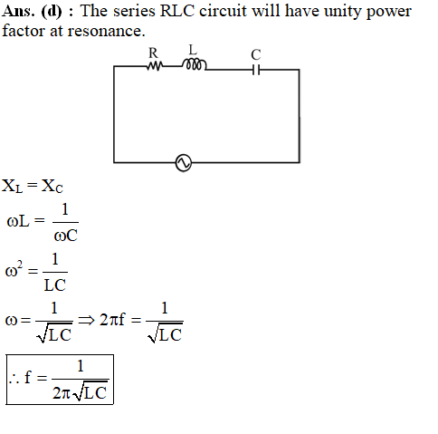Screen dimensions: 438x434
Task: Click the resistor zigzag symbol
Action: pyautogui.click(x=154, y=65)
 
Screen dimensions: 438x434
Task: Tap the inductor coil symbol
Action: pyautogui.click(x=195, y=64)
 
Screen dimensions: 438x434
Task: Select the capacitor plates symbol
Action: pyautogui.click(x=256, y=70)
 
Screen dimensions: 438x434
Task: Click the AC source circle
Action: pyautogui.click(x=184, y=163)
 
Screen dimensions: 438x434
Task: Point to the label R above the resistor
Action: pyautogui.click(x=153, y=53)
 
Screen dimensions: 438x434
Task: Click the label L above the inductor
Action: pyautogui.click(x=193, y=50)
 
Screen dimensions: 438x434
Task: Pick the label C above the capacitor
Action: pyautogui.click(x=256, y=54)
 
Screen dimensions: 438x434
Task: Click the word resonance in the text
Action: pyautogui.click(x=106, y=31)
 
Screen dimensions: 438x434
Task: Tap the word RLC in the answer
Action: pyautogui.click(x=177, y=11)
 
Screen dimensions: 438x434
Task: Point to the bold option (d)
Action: pyautogui.click(x=52, y=12)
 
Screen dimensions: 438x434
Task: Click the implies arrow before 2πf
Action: pyautogui.click(x=86, y=320)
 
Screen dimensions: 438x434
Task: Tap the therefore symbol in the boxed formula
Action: pyautogui.click(x=14, y=379)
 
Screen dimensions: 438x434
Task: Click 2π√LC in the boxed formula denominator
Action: pyautogui.click(x=80, y=391)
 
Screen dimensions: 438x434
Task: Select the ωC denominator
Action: pyautogui.click(x=65, y=236)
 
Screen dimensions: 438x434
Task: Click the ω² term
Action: pyautogui.click(x=14, y=269)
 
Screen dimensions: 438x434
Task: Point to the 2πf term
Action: pyautogui.click(x=112, y=320)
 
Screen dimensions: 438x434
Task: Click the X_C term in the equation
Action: pyautogui.click(x=52, y=186)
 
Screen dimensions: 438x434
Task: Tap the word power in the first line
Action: pyautogui.click(x=389, y=12)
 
